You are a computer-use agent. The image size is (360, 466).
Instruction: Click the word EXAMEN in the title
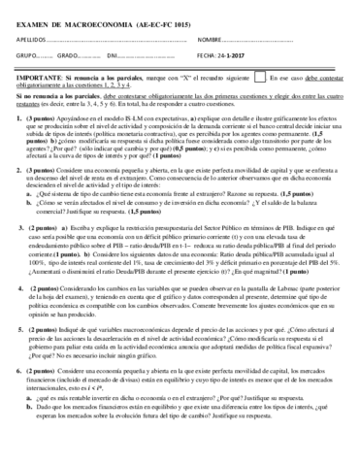click(34, 18)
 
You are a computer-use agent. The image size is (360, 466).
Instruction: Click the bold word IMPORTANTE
click(41, 76)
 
